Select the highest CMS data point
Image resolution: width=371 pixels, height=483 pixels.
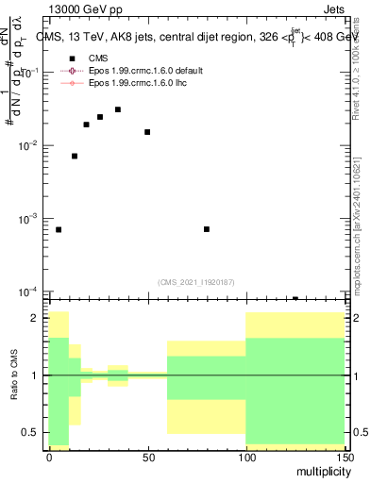(117, 109)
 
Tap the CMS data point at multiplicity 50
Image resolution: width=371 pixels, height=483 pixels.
(147, 132)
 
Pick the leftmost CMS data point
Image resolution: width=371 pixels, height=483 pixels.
(59, 229)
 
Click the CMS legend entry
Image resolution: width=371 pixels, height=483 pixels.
(98, 58)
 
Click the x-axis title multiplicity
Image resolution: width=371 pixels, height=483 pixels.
(321, 471)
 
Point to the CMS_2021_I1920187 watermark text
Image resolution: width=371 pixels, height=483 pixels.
(195, 282)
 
